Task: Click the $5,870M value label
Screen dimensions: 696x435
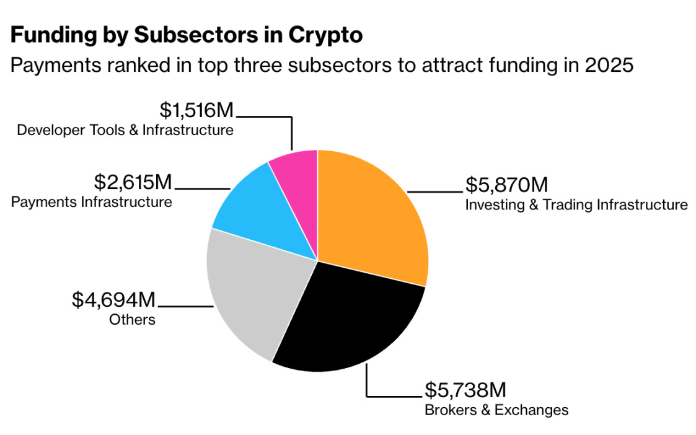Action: click(x=506, y=185)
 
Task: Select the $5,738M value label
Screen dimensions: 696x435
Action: click(x=465, y=390)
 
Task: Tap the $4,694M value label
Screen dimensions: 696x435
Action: click(x=113, y=300)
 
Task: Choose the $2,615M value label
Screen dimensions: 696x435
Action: click(x=133, y=182)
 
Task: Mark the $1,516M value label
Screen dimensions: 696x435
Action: click(x=196, y=110)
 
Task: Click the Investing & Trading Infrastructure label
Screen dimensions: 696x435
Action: click(x=576, y=204)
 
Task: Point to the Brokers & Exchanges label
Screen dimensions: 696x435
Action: click(x=496, y=410)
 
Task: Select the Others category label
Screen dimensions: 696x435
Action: click(x=132, y=320)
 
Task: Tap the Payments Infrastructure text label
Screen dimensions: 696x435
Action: click(x=92, y=202)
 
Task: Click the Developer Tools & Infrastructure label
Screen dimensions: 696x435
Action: click(x=125, y=130)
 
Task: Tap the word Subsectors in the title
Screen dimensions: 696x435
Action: click(x=196, y=35)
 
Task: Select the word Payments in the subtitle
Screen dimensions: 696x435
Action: click(x=56, y=66)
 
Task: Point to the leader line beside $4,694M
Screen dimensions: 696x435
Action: click(x=186, y=306)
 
